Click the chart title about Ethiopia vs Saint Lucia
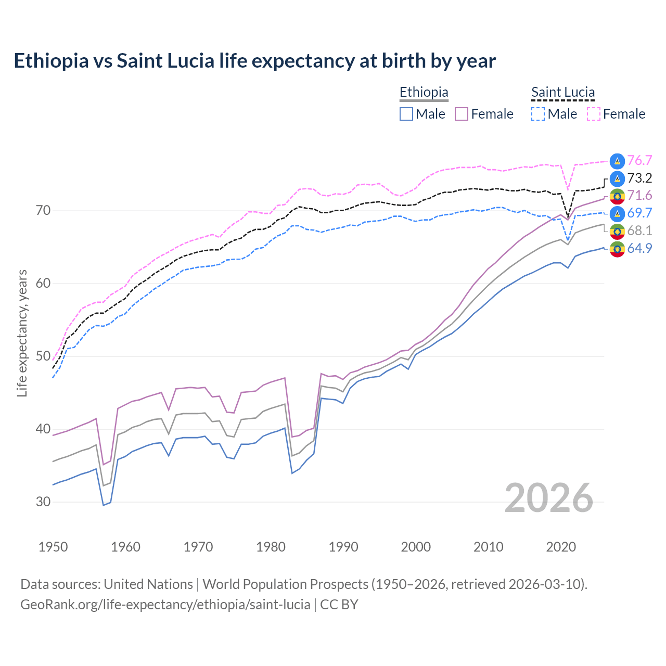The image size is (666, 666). pyautogui.click(x=254, y=61)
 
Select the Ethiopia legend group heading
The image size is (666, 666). pyautogui.click(x=424, y=92)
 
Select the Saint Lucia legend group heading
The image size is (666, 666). pyautogui.click(x=562, y=92)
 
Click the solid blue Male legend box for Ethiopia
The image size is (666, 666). pyautogui.click(x=406, y=114)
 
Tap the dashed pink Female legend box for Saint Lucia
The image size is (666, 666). pyautogui.click(x=594, y=114)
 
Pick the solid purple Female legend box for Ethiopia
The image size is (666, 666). pyautogui.click(x=462, y=114)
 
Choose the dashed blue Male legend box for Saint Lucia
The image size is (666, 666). pyautogui.click(x=538, y=114)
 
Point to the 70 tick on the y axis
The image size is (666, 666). pyautogui.click(x=43, y=211)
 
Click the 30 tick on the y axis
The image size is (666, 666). pyautogui.click(x=43, y=502)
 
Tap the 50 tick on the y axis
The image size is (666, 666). pyautogui.click(x=43, y=356)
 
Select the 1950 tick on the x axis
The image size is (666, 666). pyautogui.click(x=53, y=547)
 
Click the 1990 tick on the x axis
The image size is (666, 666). pyautogui.click(x=343, y=547)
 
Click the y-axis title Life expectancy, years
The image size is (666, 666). pyautogui.click(x=22, y=333)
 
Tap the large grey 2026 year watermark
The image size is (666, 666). pyautogui.click(x=549, y=498)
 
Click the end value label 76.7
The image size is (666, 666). pyautogui.click(x=639, y=161)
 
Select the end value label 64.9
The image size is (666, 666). pyautogui.click(x=639, y=249)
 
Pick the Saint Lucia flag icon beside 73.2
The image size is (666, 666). pyautogui.click(x=617, y=178)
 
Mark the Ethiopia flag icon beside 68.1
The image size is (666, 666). pyautogui.click(x=617, y=231)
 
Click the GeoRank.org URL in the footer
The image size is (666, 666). pyautogui.click(x=165, y=605)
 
